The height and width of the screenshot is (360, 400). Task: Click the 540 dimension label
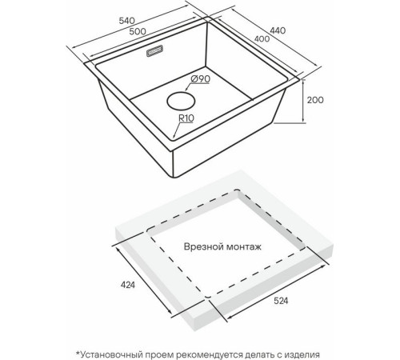[127, 21]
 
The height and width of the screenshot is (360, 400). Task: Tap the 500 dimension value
[138, 31]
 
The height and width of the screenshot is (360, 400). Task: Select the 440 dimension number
[278, 30]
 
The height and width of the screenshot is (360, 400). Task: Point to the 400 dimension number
[262, 39]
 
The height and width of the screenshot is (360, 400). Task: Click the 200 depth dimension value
[315, 100]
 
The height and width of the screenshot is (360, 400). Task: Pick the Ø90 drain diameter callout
[201, 79]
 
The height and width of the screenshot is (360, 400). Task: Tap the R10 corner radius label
[186, 118]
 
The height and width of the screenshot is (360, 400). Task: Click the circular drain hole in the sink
[181, 101]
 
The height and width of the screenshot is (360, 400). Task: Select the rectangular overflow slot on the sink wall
[154, 50]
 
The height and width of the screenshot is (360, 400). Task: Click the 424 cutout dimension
[128, 285]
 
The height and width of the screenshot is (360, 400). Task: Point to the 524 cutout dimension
[281, 301]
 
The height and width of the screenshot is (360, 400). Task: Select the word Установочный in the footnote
[111, 354]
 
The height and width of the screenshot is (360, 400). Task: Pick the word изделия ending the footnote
[302, 355]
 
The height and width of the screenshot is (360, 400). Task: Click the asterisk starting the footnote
[78, 353]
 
